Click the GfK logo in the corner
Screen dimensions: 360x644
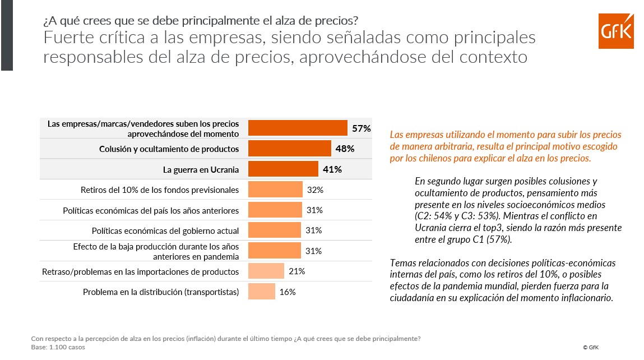point(615,31)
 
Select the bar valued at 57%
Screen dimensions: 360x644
point(298,128)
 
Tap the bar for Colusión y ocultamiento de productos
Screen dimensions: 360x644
point(289,149)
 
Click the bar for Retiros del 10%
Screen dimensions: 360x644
point(275,190)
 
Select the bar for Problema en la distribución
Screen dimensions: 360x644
point(262,292)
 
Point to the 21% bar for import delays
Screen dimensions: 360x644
point(266,271)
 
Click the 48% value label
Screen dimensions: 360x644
point(345,149)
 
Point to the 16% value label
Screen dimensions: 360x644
point(288,292)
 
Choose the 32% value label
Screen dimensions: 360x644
point(315,190)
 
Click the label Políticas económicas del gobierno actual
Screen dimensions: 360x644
point(165,230)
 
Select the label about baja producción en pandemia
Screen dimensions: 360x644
point(156,251)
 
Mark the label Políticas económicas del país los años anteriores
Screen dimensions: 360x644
point(151,210)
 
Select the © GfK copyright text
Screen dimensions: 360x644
point(591,348)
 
